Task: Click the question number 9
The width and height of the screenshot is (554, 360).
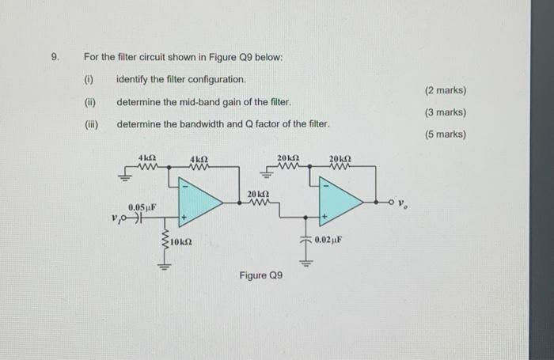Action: [54, 58]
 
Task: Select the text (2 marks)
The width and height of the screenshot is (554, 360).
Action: [446, 91]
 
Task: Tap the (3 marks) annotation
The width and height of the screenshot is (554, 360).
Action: [446, 112]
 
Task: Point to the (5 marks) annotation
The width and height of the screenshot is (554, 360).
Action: [446, 135]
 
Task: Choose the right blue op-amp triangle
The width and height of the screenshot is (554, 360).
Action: [340, 201]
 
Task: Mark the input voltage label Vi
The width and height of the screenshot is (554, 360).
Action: [117, 221]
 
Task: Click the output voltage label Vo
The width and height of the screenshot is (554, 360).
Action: [403, 204]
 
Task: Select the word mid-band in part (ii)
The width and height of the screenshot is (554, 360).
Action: [195, 103]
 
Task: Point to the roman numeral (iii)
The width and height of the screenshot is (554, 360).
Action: [91, 125]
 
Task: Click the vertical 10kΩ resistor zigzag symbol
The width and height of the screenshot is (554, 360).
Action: [165, 241]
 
